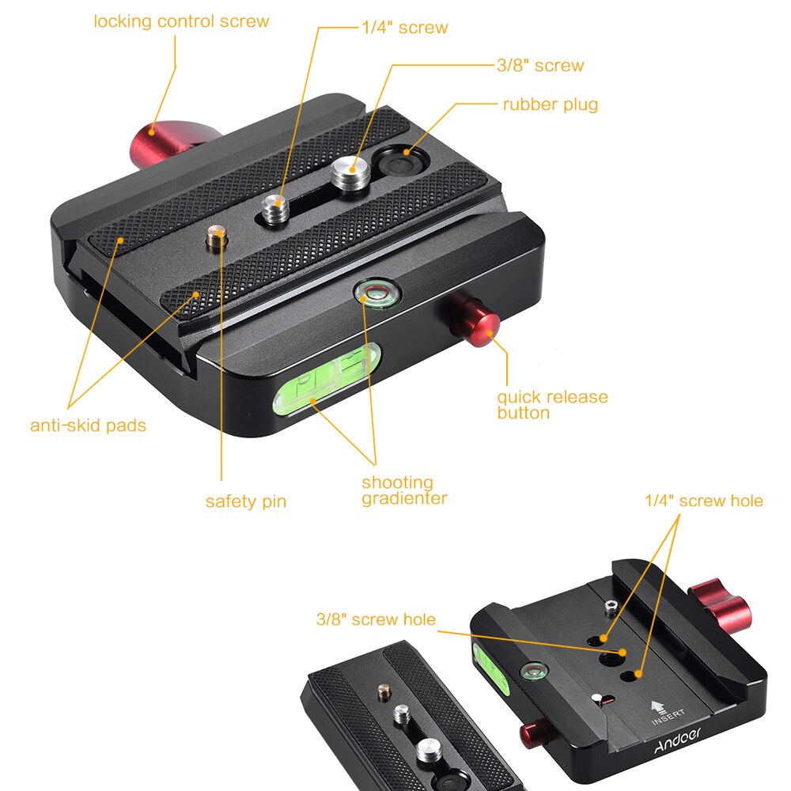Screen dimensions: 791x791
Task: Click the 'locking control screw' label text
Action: tap(181, 21)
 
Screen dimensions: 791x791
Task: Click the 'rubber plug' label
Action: tap(550, 104)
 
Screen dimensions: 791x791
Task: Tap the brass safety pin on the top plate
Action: tap(216, 237)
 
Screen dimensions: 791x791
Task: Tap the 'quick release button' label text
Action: tap(551, 403)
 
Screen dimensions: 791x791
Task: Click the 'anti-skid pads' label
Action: tap(88, 426)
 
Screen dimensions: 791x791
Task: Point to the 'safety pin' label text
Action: tap(245, 501)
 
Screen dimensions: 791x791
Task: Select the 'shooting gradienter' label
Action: tap(403, 490)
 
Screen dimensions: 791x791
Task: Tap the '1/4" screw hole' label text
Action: tap(703, 501)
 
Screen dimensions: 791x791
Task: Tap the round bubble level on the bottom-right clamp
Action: tap(531, 673)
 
